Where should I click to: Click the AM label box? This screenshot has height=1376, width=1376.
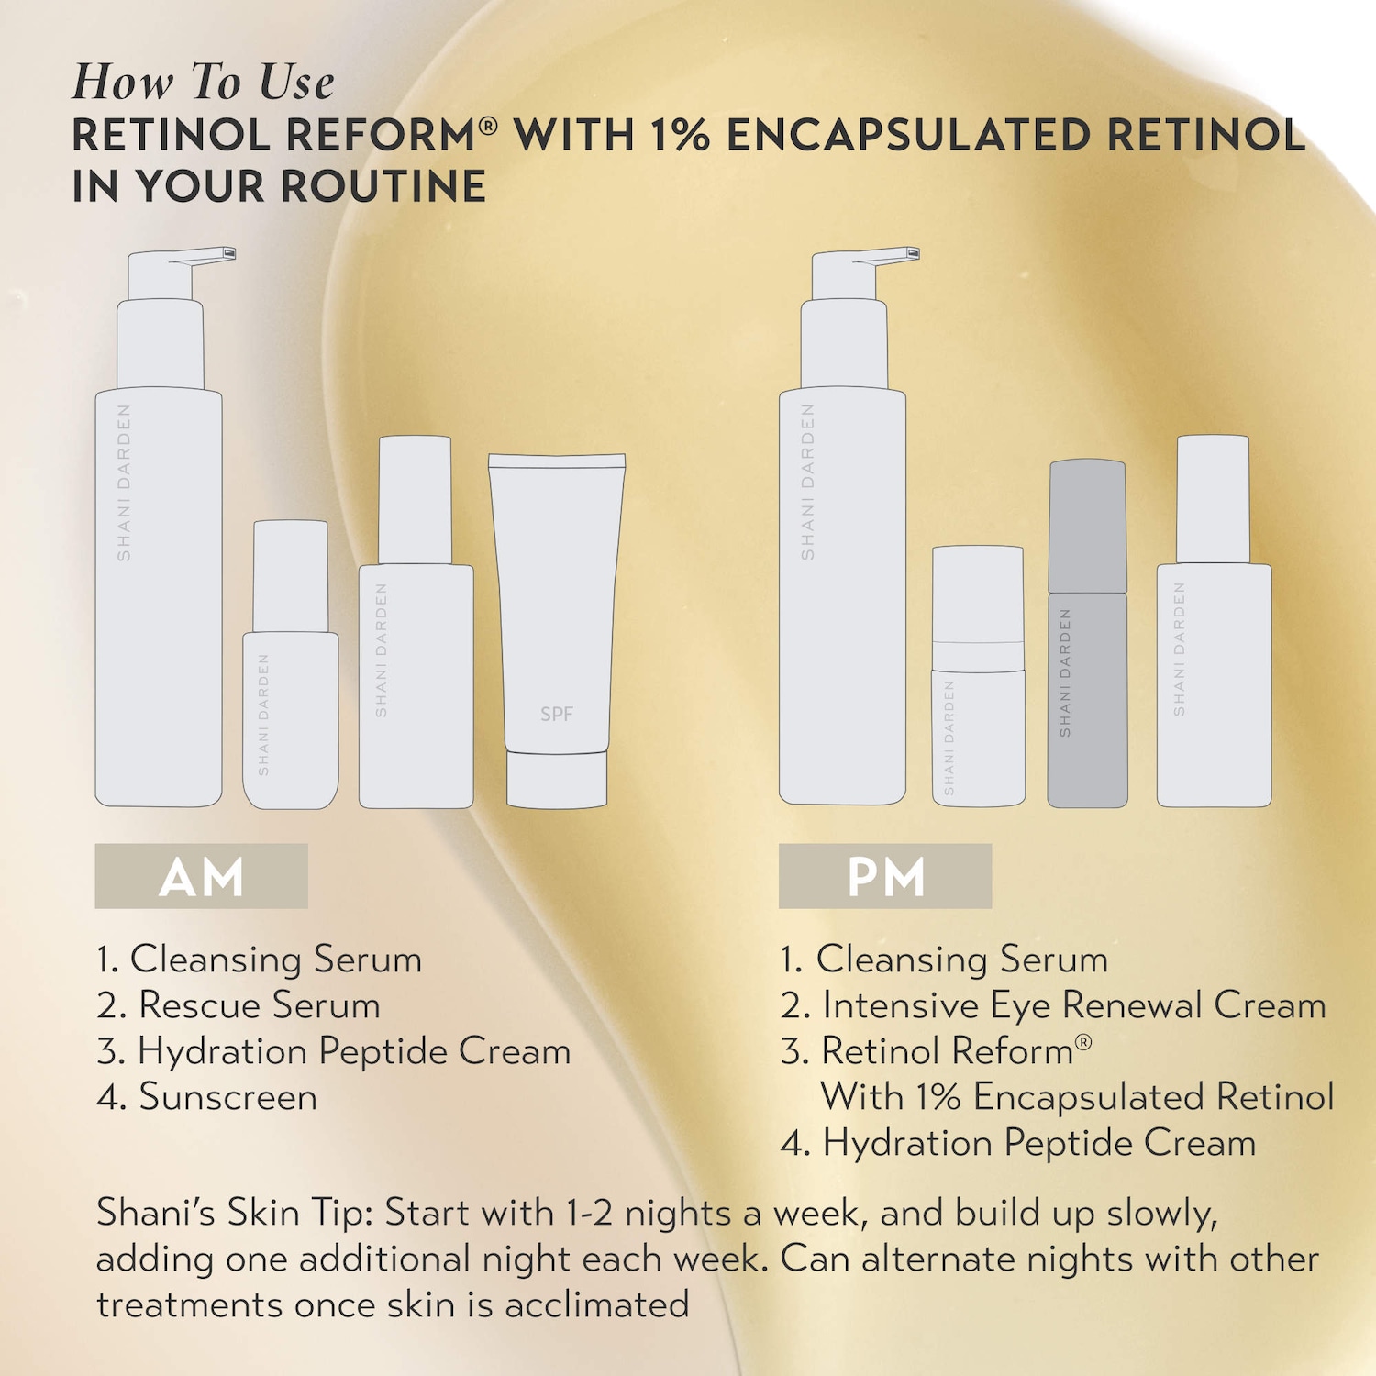pos(201,876)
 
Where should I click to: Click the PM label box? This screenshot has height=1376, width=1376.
pos(885,876)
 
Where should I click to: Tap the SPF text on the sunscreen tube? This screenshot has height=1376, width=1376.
pos(557,714)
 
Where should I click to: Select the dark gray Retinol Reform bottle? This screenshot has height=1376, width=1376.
pos(1088,633)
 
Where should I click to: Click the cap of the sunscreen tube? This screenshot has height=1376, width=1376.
pos(557,780)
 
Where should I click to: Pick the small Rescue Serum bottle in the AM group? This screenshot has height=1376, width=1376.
pos(291,664)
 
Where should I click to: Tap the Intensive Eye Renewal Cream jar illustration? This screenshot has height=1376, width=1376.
pos(979,676)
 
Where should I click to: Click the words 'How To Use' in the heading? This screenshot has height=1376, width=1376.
pos(204,82)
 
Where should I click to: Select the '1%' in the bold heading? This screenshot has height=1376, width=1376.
pos(680,135)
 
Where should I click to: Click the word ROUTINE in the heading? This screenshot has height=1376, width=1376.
pos(383,186)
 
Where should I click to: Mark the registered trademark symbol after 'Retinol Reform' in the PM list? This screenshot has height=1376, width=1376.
pos(1083,1042)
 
